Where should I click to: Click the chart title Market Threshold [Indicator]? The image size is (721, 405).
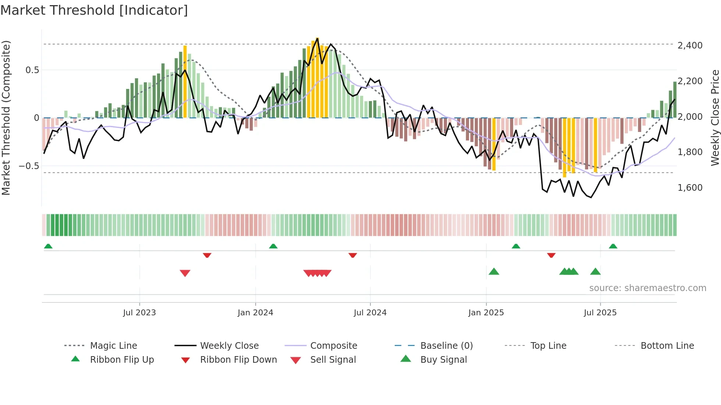click(94, 10)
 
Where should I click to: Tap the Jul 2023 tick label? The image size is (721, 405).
click(139, 313)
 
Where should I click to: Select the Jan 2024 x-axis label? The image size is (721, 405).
click(255, 313)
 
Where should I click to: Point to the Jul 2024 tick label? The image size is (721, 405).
click(370, 313)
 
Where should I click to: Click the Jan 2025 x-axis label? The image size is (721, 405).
click(486, 313)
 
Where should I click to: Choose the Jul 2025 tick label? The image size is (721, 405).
click(600, 313)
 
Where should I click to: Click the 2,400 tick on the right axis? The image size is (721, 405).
click(690, 46)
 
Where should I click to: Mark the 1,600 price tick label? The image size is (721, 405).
click(690, 188)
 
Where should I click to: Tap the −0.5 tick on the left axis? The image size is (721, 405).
click(29, 166)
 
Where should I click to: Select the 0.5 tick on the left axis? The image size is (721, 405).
click(32, 70)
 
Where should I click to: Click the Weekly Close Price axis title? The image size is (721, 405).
click(715, 118)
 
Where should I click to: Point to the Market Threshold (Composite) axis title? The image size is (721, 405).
click(6, 118)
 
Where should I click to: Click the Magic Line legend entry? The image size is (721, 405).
click(113, 346)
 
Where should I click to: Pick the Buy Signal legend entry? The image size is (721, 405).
click(443, 360)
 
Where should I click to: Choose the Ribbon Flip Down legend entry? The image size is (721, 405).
click(238, 360)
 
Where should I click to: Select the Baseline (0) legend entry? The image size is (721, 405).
click(446, 346)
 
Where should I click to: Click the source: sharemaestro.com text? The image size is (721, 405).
click(647, 288)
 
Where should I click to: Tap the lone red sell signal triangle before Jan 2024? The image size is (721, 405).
click(185, 273)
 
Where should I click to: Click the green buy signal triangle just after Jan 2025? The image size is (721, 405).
click(494, 272)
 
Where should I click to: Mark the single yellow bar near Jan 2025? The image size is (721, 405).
click(494, 144)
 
